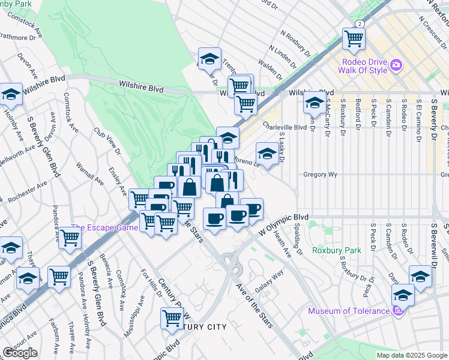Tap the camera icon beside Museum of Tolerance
point(396,311)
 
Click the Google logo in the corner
point(20,353)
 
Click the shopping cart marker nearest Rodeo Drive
point(354,38)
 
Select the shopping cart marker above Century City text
point(172,317)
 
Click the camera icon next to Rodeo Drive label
point(396,65)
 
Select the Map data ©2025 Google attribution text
point(412,355)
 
